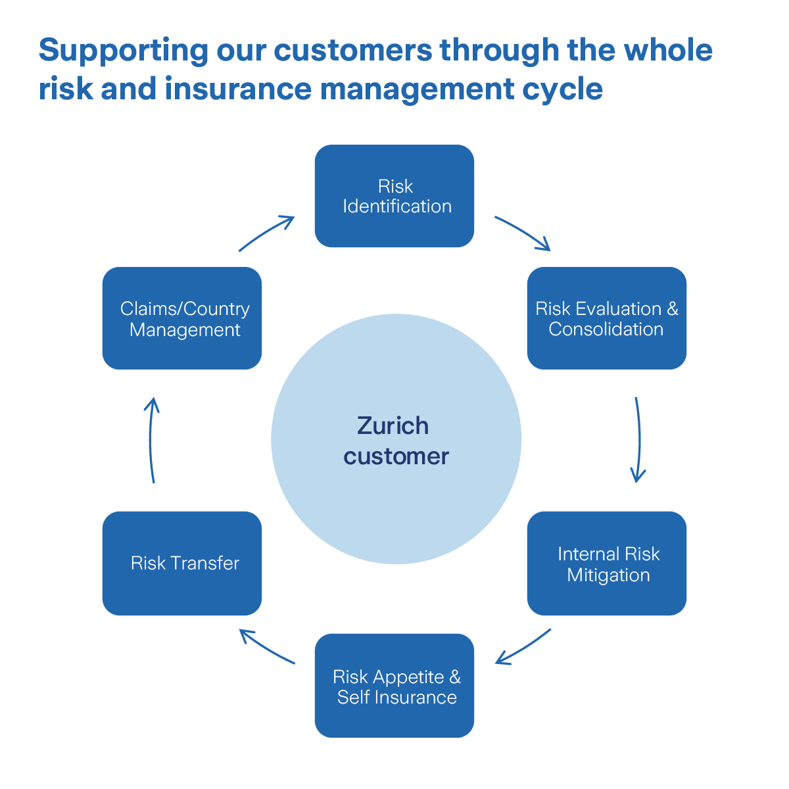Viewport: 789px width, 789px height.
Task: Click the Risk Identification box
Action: click(x=394, y=196)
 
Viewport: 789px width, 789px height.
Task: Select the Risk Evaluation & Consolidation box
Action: click(x=606, y=318)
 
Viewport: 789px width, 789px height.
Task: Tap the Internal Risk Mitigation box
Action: click(x=606, y=563)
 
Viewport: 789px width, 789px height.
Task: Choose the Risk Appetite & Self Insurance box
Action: click(x=394, y=686)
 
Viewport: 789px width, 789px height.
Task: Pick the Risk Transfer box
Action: click(x=182, y=563)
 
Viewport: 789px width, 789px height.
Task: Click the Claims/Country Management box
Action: click(x=182, y=318)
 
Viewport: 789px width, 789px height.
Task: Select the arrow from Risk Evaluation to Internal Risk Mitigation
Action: click(x=638, y=439)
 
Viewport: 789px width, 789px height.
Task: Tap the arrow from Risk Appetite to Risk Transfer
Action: click(x=266, y=647)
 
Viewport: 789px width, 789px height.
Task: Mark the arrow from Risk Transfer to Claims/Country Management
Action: click(x=151, y=439)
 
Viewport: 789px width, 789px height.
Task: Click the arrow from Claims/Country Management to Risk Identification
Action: click(x=267, y=232)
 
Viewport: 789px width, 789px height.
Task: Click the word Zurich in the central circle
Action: click(x=393, y=426)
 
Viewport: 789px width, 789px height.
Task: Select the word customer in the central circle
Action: click(x=396, y=456)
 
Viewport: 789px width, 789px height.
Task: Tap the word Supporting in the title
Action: click(x=123, y=51)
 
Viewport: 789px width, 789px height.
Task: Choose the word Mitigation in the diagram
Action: click(x=608, y=575)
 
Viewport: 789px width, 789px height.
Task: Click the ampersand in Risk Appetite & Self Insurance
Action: click(x=455, y=677)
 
